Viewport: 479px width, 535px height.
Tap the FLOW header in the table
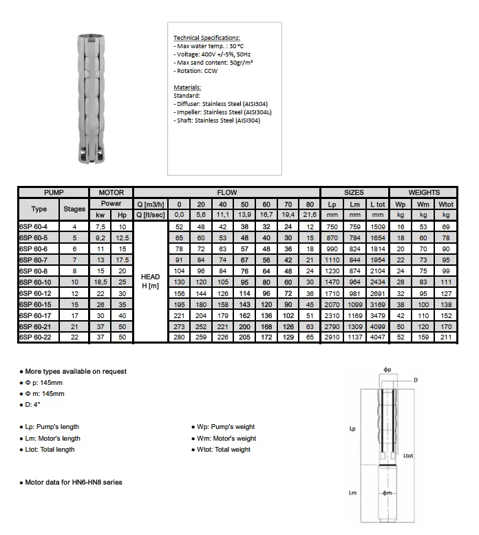point(227,193)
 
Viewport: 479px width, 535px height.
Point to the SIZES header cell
point(354,193)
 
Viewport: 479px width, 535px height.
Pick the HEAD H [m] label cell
point(150,282)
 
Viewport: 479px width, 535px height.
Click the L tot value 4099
point(376,326)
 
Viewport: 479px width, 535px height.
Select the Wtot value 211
point(446,337)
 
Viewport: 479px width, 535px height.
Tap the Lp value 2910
point(332,337)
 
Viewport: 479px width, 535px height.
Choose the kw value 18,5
point(100,282)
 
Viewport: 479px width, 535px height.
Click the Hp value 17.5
point(123,260)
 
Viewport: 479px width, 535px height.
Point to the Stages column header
point(74,209)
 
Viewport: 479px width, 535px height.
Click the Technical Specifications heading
point(206,36)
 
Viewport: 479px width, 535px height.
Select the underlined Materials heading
point(187,87)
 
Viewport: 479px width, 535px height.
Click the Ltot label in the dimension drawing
point(407,456)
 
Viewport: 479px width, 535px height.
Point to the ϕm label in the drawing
point(387,493)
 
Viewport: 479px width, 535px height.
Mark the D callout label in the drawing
point(416,381)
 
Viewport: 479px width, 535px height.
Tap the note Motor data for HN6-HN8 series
point(72,483)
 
